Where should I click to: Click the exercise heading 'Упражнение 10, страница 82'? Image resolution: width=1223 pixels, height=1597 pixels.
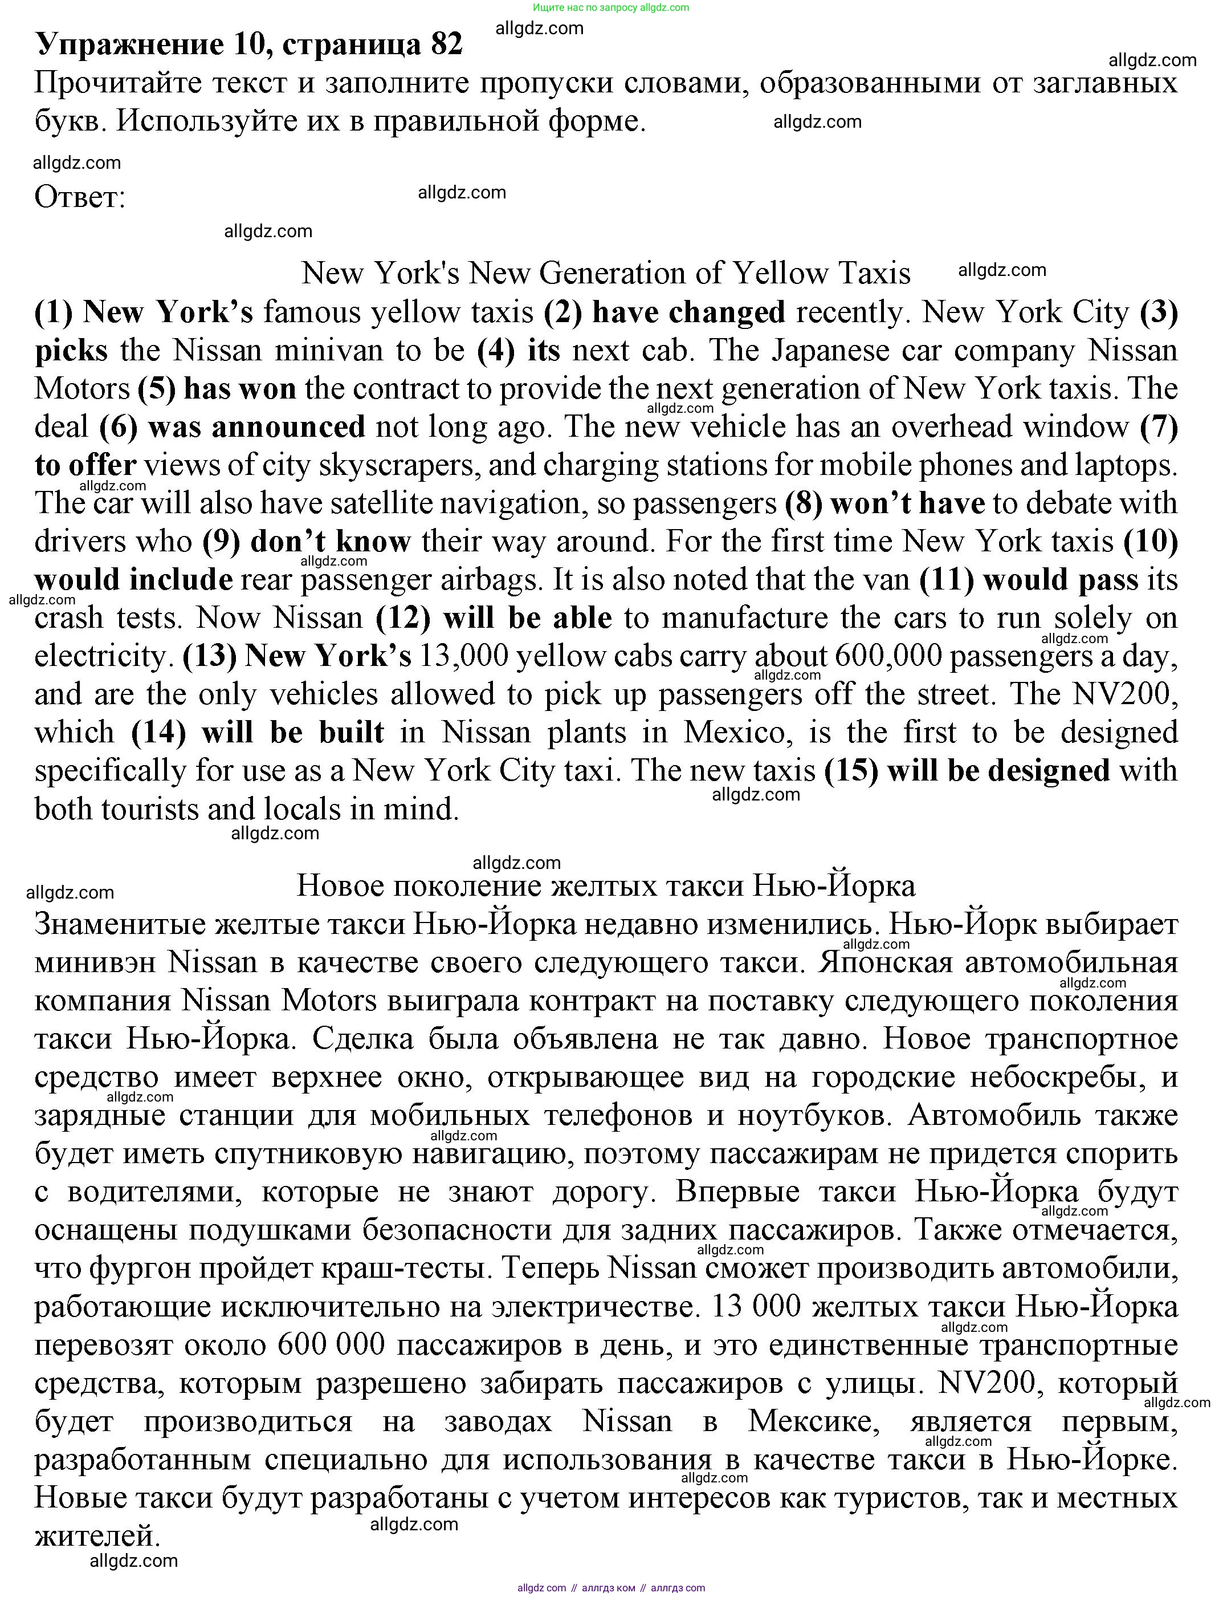[249, 44]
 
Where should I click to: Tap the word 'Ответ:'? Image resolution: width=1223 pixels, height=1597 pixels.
[80, 197]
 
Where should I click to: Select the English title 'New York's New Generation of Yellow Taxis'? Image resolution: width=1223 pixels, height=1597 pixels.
[606, 274]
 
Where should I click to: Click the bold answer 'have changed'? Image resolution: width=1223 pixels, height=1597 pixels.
[688, 312]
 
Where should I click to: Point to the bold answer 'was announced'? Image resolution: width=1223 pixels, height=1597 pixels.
[256, 426]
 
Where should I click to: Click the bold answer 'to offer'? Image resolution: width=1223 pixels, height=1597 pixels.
[86, 465]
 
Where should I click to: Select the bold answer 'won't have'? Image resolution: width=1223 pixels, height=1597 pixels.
[907, 503]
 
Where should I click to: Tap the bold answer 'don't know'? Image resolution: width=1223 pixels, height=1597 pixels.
[330, 542]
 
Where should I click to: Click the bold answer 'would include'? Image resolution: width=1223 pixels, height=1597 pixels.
[134, 580]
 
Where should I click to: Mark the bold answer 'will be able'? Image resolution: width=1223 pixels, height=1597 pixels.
[527, 618]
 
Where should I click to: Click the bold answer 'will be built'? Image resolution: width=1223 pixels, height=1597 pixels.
[293, 733]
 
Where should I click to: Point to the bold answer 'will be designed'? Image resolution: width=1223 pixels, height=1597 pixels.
[999, 770]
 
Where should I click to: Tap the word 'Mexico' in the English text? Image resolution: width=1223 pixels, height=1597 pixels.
[737, 733]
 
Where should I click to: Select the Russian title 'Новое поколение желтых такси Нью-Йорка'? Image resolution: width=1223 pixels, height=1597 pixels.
[606, 886]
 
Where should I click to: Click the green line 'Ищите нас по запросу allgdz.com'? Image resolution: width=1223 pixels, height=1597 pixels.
[611, 7]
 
